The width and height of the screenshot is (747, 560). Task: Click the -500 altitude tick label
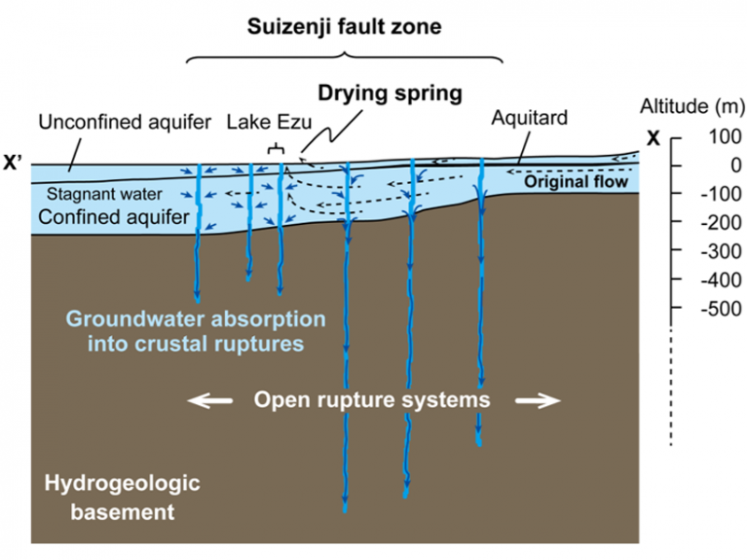pos(709,309)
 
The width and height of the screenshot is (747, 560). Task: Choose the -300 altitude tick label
pos(709,252)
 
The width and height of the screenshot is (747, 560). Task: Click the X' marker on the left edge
pos(16,161)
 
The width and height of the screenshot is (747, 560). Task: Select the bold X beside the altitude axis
pos(654,138)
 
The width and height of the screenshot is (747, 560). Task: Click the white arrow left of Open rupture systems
pos(209,400)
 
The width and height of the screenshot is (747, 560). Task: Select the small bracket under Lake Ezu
pos(275,148)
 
